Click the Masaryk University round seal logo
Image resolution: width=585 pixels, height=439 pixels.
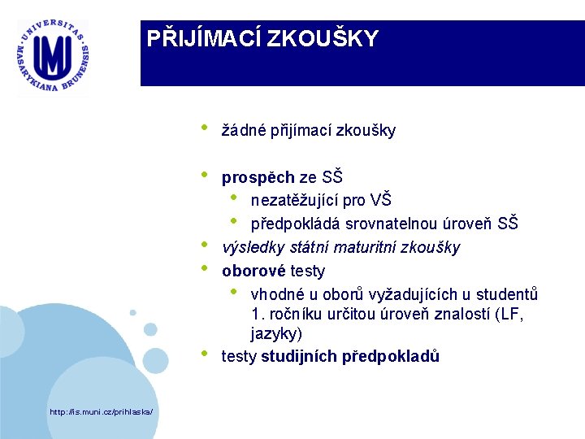coord(54,58)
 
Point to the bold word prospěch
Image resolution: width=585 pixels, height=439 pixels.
coord(258,177)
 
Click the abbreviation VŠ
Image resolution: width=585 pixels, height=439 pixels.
coord(380,200)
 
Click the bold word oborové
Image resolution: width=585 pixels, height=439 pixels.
coord(253,271)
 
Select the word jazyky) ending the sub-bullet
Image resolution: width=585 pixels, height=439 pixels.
coord(275,333)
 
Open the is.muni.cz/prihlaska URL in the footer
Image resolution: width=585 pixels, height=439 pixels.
coord(101,412)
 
